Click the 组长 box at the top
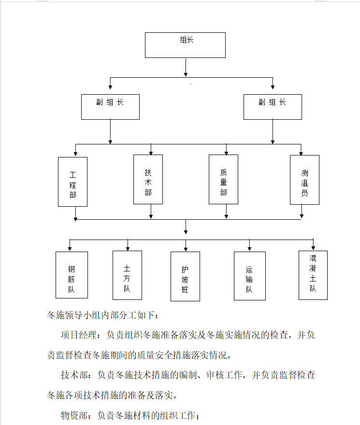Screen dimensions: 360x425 (x=185, y=45)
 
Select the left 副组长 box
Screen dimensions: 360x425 (x=110, y=107)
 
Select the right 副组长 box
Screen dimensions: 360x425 (x=273, y=107)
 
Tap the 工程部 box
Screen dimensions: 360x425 (x=72, y=182)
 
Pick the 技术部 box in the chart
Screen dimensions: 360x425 (x=148, y=180)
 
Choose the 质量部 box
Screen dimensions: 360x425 (x=224, y=180)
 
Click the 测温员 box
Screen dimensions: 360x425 (x=304, y=180)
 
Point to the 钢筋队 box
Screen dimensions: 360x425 (x=72, y=275)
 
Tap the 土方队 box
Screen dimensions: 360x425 (x=127, y=275)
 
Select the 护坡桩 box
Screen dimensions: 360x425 (x=185, y=276)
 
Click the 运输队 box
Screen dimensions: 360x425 (x=250, y=276)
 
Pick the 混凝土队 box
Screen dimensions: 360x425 (x=313, y=275)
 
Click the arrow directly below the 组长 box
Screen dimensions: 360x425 (x=186, y=67)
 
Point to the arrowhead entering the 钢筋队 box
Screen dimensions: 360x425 (x=70, y=249)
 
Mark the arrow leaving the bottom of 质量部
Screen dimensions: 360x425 (x=226, y=211)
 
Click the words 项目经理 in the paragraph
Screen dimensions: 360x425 (x=79, y=335)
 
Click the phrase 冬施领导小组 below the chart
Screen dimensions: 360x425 (x=74, y=315)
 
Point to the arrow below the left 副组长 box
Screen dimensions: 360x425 (x=110, y=132)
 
